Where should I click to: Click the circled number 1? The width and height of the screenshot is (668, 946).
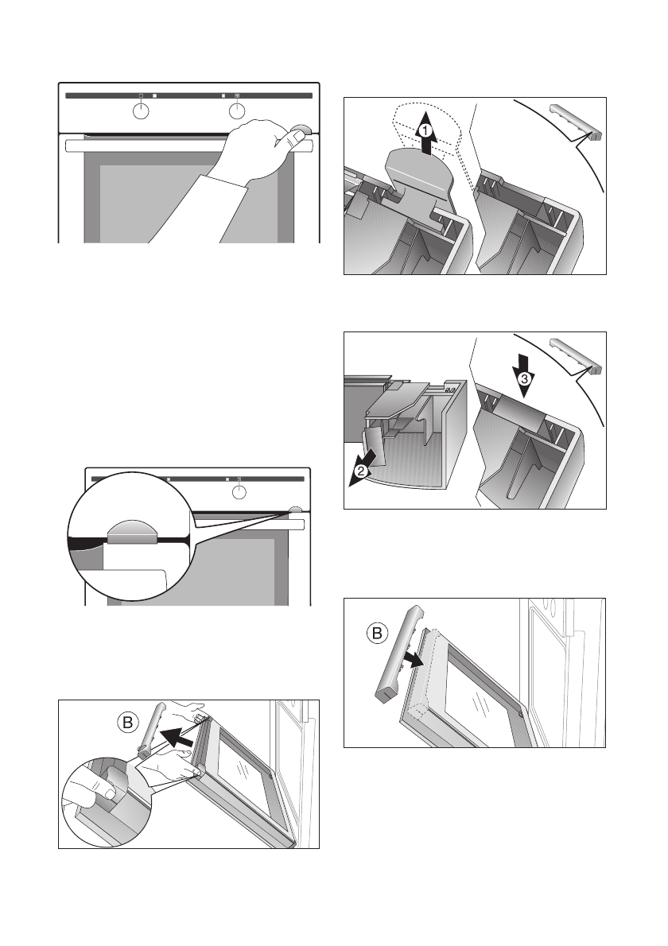[425, 130]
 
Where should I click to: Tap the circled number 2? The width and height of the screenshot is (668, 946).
[360, 471]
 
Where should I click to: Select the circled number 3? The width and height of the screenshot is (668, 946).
[524, 379]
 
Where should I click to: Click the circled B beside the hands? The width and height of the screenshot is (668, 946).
[128, 723]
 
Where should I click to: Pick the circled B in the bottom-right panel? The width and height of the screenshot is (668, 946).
[376, 634]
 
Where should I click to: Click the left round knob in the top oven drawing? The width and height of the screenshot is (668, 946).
[140, 111]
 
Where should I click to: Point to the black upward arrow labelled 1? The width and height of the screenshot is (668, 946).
[426, 133]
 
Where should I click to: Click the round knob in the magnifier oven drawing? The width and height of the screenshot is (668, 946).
[239, 492]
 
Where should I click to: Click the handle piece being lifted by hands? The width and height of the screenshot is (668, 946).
[152, 729]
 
